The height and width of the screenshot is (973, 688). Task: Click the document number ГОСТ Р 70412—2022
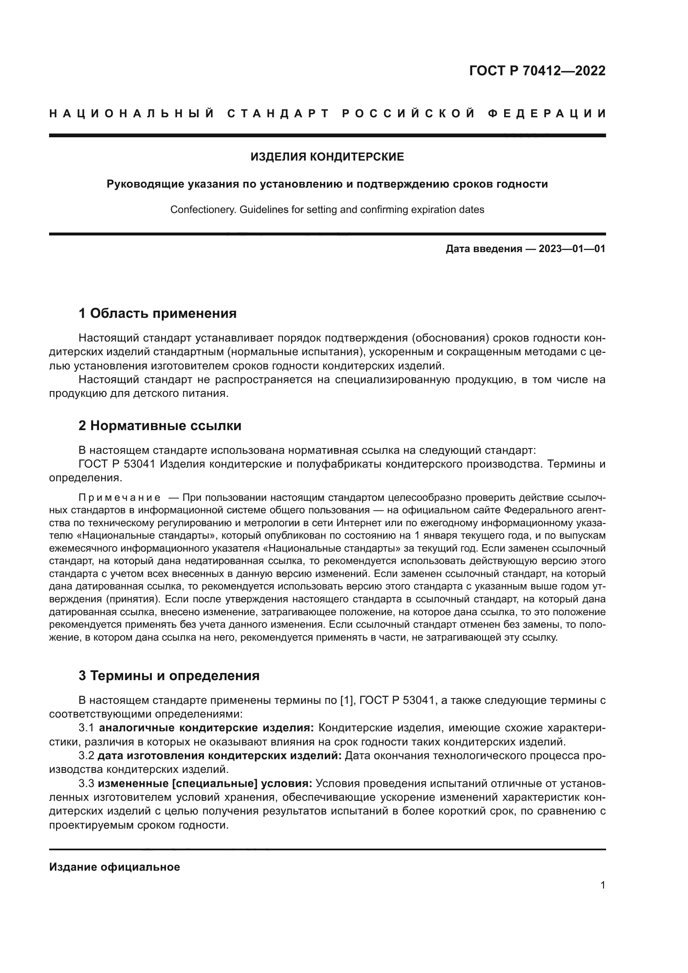click(x=537, y=71)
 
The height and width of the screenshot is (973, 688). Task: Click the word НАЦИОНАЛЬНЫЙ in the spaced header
click(x=131, y=114)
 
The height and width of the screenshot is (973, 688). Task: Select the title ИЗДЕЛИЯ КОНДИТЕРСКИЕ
click(x=327, y=157)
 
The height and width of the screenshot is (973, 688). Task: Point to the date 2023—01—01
click(x=572, y=249)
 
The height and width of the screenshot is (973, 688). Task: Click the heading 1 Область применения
click(x=157, y=314)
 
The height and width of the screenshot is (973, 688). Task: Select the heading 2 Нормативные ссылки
click(x=160, y=426)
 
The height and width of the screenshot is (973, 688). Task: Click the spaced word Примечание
click(x=119, y=497)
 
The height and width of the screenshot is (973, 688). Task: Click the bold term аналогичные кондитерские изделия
click(x=206, y=728)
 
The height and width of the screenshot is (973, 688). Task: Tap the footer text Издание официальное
click(x=114, y=867)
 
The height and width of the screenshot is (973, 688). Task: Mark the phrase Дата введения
click(x=483, y=249)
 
